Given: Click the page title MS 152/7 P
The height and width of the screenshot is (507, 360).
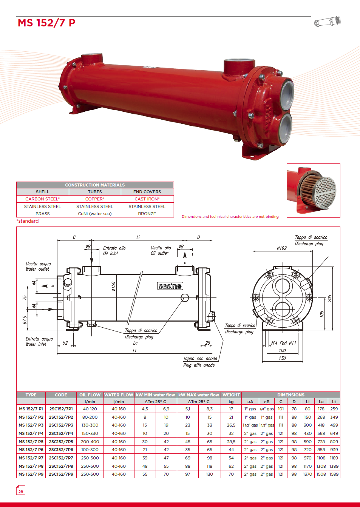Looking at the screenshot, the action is [x=46, y=23].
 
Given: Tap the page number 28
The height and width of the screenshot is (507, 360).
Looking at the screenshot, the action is [x=21, y=492].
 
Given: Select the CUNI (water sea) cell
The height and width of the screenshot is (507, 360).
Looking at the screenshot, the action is [x=95, y=214].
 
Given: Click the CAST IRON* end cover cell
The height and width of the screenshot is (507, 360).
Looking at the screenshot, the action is [x=147, y=199].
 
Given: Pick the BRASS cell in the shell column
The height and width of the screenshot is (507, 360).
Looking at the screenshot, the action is [x=43, y=214].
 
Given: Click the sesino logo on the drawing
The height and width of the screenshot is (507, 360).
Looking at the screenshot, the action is [x=170, y=286].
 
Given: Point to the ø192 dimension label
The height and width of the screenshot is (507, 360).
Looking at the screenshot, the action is [x=282, y=248].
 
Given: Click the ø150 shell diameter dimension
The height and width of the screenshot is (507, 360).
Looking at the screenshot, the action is [x=114, y=286].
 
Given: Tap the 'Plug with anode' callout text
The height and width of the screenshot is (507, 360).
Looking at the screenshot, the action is [x=199, y=365].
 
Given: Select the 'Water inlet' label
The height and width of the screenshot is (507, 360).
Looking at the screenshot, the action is [x=36, y=344].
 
